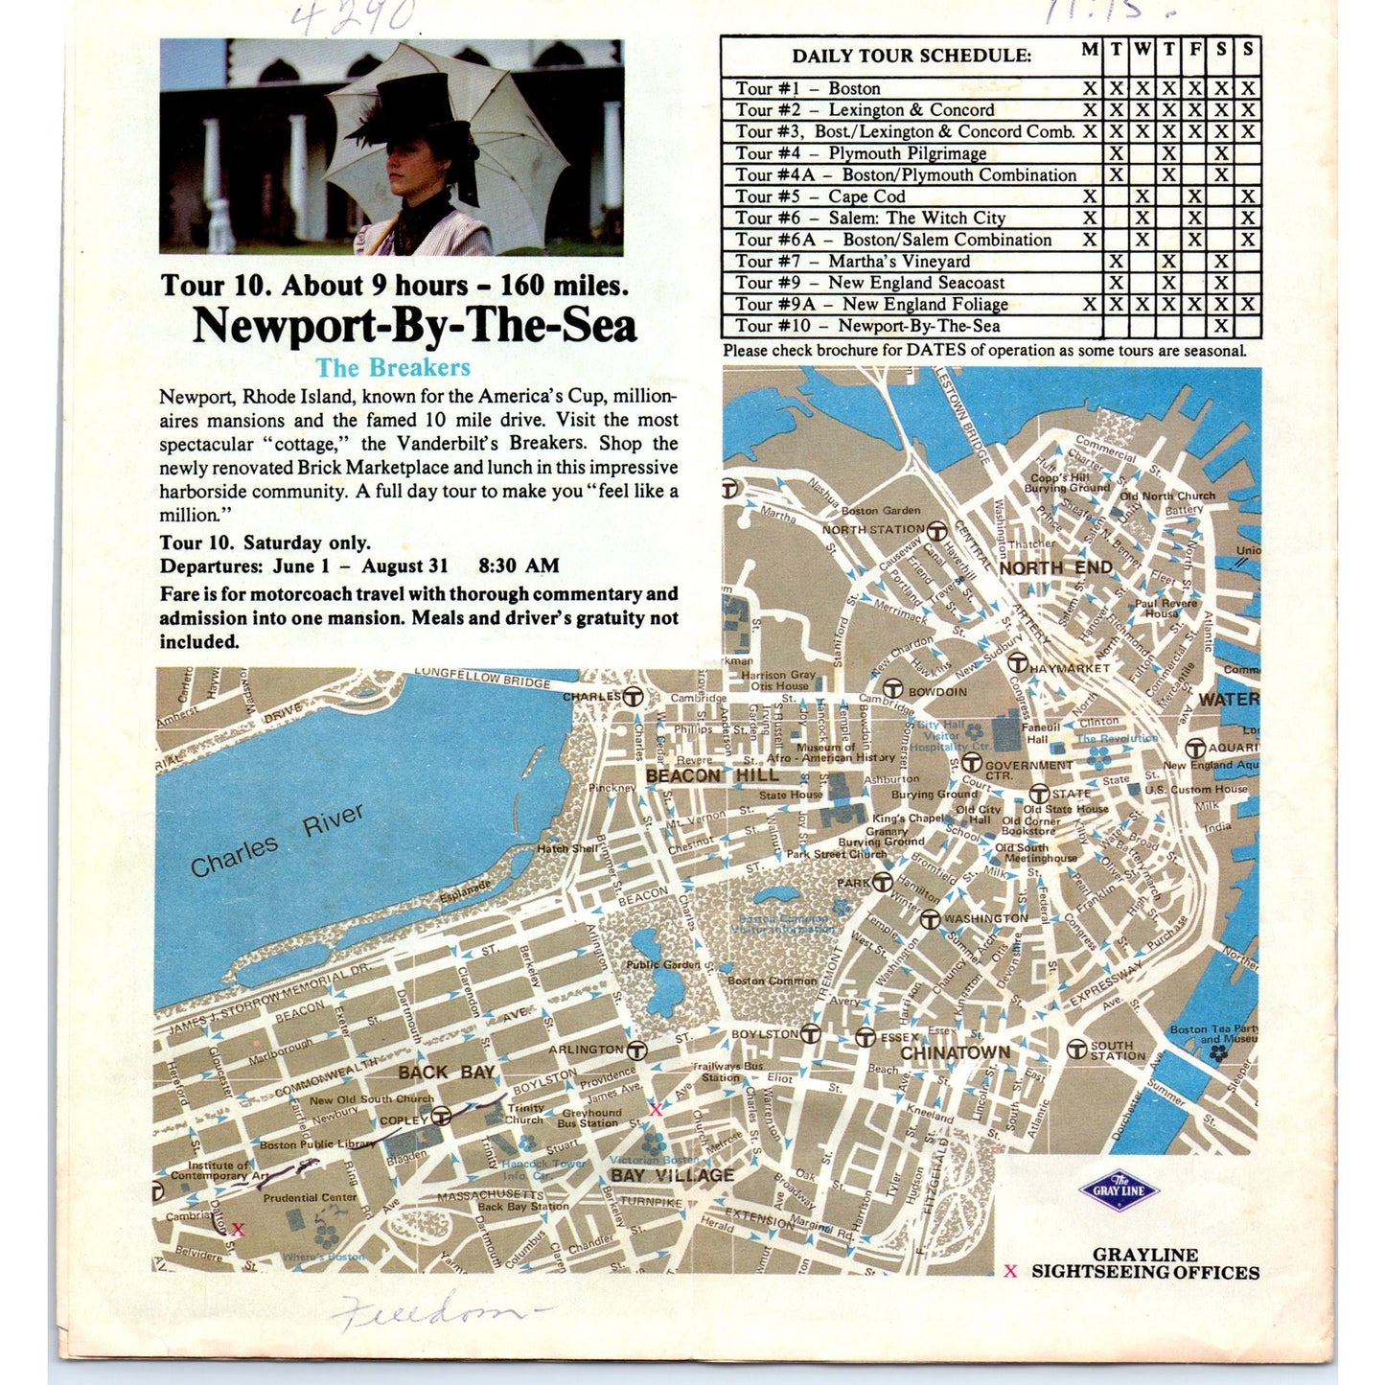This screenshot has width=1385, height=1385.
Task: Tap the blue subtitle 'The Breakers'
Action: click(393, 368)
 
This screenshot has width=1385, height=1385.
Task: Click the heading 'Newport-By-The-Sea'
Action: click(414, 326)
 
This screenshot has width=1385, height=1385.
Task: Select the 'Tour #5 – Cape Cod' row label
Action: click(819, 196)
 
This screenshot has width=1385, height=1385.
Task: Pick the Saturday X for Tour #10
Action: click(1221, 326)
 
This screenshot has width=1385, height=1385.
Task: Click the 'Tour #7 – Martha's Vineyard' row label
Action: click(852, 262)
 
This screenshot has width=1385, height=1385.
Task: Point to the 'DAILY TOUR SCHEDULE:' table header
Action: click(911, 56)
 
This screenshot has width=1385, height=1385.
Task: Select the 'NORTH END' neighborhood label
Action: click(1055, 567)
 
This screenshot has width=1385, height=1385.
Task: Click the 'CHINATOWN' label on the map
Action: click(955, 1052)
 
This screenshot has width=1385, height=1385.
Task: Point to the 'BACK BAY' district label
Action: click(446, 1073)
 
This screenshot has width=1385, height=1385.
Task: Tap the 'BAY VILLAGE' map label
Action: click(672, 1175)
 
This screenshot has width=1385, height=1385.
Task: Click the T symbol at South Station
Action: click(1076, 1050)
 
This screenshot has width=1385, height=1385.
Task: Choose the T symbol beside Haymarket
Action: click(1018, 663)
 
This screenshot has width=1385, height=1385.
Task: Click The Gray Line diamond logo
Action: click(1119, 1191)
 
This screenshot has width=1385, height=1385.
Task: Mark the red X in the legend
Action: click(1009, 1272)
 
